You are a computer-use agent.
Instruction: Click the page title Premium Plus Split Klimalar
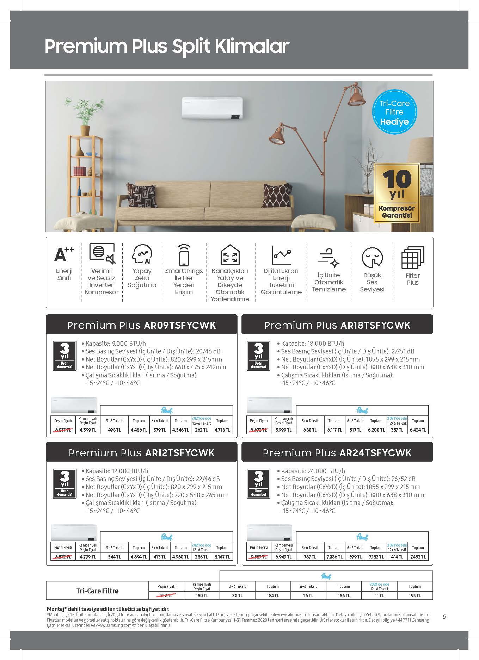click(167, 46)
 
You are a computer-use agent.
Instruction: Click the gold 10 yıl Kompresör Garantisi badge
click(397, 193)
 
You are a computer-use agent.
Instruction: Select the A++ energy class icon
click(64, 254)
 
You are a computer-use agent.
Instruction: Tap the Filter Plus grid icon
click(412, 257)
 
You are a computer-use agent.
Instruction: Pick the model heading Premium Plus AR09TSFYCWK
click(141, 325)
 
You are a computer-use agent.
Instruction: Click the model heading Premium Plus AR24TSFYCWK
click(337, 452)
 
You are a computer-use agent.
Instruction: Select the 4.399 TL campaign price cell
click(88, 430)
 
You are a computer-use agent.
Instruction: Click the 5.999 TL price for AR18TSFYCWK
click(283, 430)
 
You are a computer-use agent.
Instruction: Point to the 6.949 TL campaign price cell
click(283, 557)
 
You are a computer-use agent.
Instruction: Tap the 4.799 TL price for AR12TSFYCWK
click(88, 557)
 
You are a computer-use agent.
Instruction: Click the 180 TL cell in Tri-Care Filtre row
click(202, 596)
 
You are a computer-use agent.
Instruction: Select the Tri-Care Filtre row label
click(97, 591)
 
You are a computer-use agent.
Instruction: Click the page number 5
click(444, 617)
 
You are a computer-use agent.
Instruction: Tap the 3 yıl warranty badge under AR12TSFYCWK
click(65, 483)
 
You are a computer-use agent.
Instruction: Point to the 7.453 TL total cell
click(418, 557)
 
